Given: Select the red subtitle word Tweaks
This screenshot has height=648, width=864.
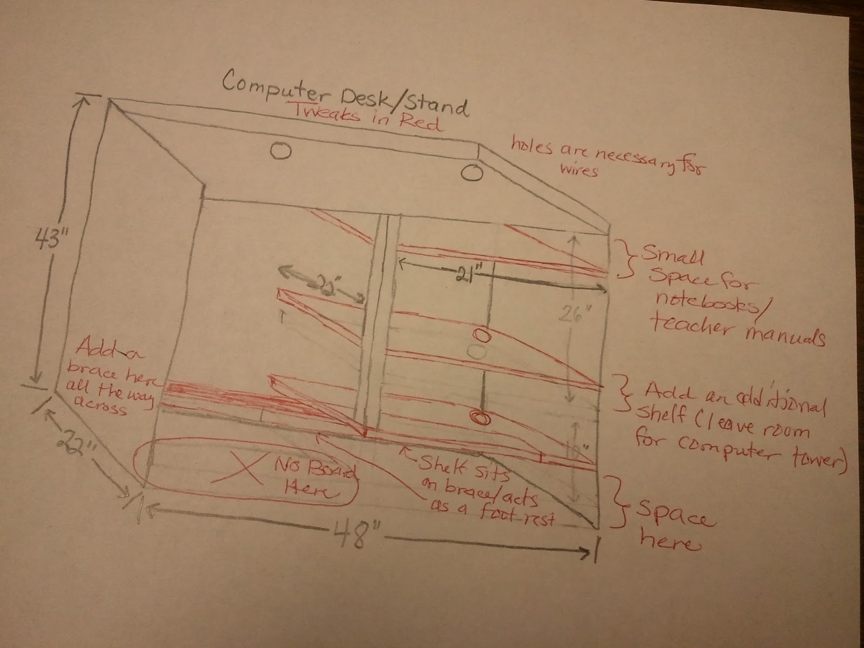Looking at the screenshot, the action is (329, 113).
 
